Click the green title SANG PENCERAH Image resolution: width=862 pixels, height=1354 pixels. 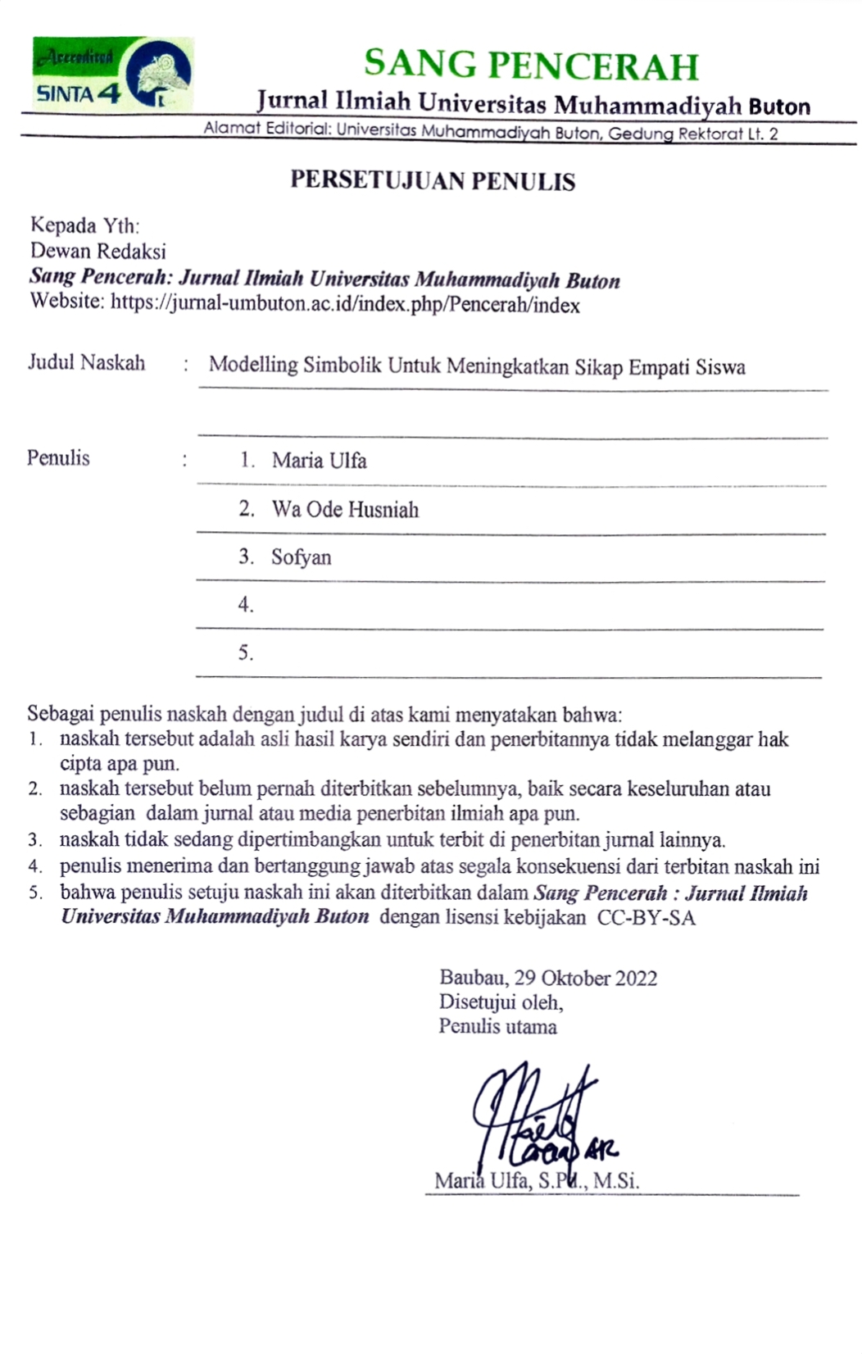click(531, 65)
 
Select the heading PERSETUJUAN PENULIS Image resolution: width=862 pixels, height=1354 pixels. click(433, 180)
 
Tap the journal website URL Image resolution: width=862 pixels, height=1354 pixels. click(345, 305)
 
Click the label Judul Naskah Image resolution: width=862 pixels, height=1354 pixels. click(87, 362)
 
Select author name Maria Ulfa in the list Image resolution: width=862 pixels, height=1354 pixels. click(319, 461)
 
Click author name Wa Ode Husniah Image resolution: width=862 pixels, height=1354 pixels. click(345, 509)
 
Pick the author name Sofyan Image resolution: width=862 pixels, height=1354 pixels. click(301, 557)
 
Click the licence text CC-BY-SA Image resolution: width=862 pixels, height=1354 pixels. click(646, 917)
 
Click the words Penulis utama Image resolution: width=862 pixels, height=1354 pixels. click(497, 1026)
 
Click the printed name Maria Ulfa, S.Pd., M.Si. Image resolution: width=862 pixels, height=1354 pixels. click(537, 1181)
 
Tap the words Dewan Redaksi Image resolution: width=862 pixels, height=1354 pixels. click(98, 251)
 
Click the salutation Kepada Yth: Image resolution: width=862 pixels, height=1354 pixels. click(84, 225)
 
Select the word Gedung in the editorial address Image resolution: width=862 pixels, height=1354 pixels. click(641, 133)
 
